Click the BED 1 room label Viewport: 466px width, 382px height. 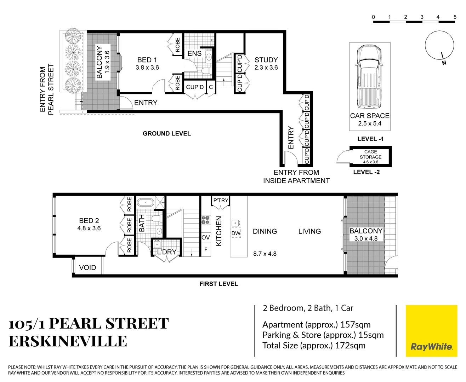click(x=147, y=60)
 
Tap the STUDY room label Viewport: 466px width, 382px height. click(x=266, y=60)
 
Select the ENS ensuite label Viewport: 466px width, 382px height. click(x=194, y=53)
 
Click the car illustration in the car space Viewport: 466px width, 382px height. click(x=370, y=77)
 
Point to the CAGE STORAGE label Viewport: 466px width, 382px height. click(x=370, y=155)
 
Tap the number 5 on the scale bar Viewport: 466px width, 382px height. click(x=455, y=17)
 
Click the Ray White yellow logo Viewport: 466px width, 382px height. click(x=431, y=331)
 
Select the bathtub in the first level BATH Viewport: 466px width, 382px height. click(x=145, y=203)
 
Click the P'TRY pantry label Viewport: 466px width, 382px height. click(x=221, y=201)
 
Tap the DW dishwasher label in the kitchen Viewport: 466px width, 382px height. click(x=236, y=233)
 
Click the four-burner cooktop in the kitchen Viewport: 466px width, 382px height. click(x=206, y=220)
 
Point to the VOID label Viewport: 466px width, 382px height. click(x=87, y=268)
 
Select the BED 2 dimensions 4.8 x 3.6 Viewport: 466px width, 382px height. click(x=89, y=228)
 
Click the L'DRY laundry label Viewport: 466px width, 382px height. click(x=166, y=252)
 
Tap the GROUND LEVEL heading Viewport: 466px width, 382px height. click(x=167, y=134)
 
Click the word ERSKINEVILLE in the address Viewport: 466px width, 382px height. click(x=68, y=341)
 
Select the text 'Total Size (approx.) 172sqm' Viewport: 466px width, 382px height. click(x=314, y=346)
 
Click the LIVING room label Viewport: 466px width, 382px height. click(x=309, y=231)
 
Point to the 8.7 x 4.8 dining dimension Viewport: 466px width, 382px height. click(x=265, y=254)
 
